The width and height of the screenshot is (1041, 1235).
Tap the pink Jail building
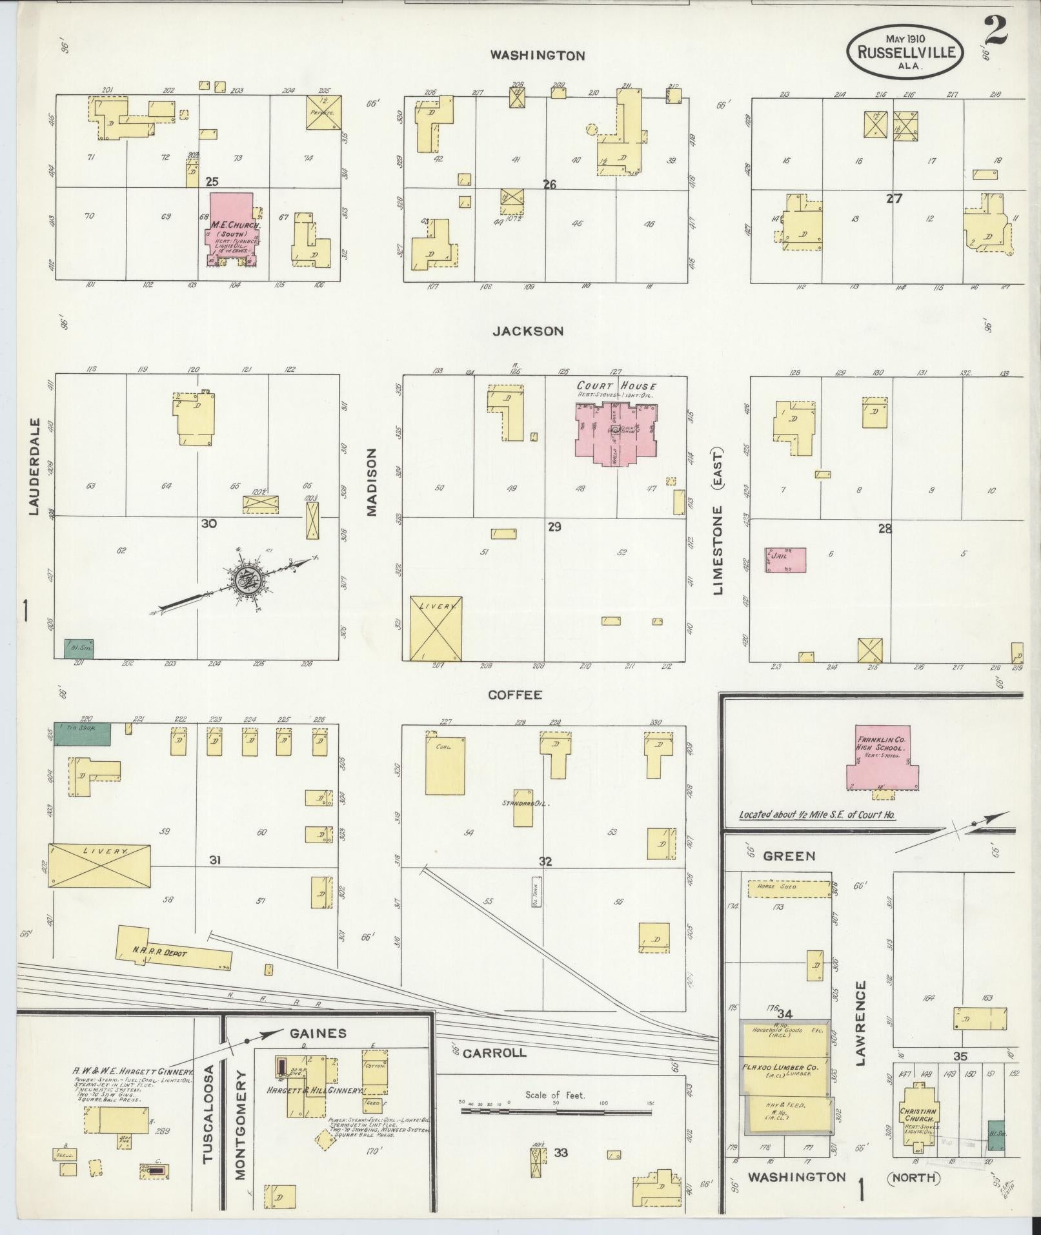[x=785, y=560]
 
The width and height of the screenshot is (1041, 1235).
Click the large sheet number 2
[x=996, y=31]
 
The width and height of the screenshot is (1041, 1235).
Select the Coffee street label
[x=514, y=695]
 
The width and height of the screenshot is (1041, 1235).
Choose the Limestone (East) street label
[x=719, y=521]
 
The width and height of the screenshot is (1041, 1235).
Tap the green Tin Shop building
[x=82, y=734]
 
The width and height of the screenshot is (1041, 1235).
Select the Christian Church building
[x=918, y=1116]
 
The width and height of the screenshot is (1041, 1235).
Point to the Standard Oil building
[x=523, y=808]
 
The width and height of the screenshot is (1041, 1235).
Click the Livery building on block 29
[x=436, y=628]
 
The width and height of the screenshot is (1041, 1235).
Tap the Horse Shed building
[x=789, y=889]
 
